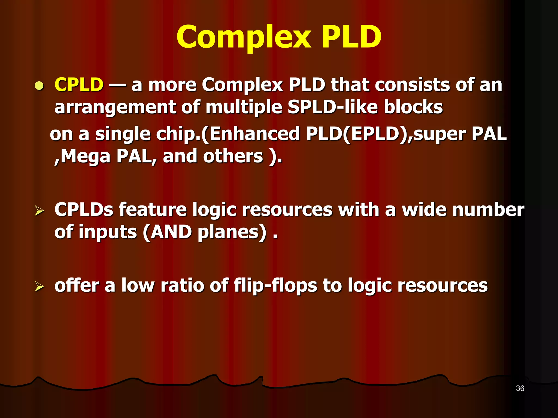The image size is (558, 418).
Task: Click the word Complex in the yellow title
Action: tap(244, 37)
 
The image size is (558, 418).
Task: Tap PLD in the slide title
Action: tap(351, 37)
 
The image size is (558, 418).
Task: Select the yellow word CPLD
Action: tap(79, 85)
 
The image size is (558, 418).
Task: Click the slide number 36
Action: tap(520, 388)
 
